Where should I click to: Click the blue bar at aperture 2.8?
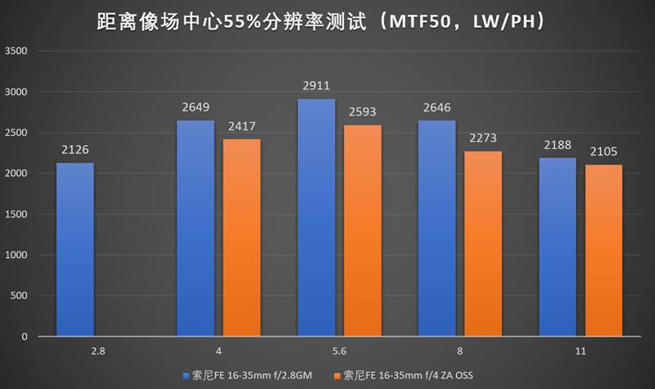(75, 250)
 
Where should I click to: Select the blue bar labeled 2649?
(196, 228)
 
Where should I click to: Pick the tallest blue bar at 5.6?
(316, 218)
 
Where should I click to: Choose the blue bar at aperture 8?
(436, 228)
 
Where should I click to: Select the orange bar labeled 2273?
(483, 243)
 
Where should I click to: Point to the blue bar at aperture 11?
(557, 247)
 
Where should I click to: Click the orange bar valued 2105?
(603, 251)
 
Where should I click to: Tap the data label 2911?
(316, 84)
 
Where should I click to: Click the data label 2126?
(75, 150)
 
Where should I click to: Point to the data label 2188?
(557, 145)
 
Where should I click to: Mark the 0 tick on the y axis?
(25, 337)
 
